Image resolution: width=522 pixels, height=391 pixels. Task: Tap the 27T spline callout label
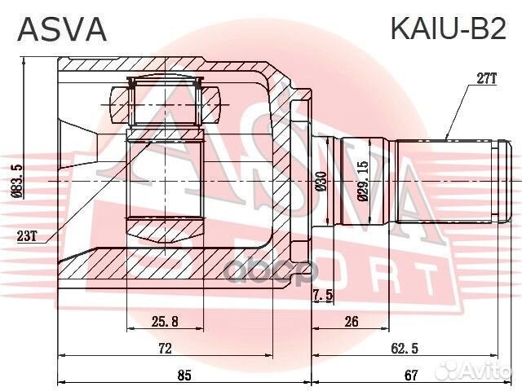click(486, 78)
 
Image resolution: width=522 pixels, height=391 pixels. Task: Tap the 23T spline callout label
click(26, 237)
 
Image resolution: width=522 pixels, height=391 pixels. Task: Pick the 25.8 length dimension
click(166, 322)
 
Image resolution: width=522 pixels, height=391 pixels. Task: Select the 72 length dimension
click(164, 349)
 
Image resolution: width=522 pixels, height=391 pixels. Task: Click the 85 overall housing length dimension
click(184, 376)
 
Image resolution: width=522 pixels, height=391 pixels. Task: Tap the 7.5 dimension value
click(322, 296)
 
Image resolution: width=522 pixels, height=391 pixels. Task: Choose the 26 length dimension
click(352, 322)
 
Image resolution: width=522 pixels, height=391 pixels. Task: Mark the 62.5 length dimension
click(399, 349)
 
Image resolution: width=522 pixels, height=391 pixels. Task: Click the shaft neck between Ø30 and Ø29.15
click(333, 181)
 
